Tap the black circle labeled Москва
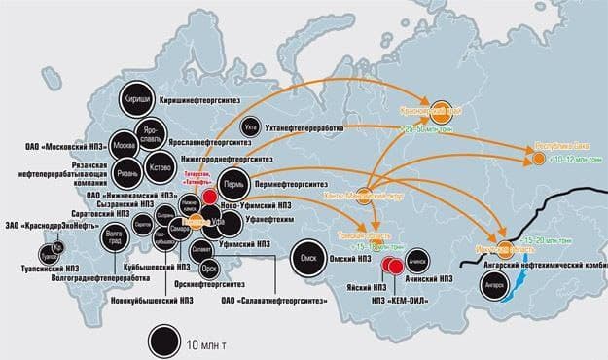(125, 146)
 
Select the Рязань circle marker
(126, 174)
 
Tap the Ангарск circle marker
(493, 285)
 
